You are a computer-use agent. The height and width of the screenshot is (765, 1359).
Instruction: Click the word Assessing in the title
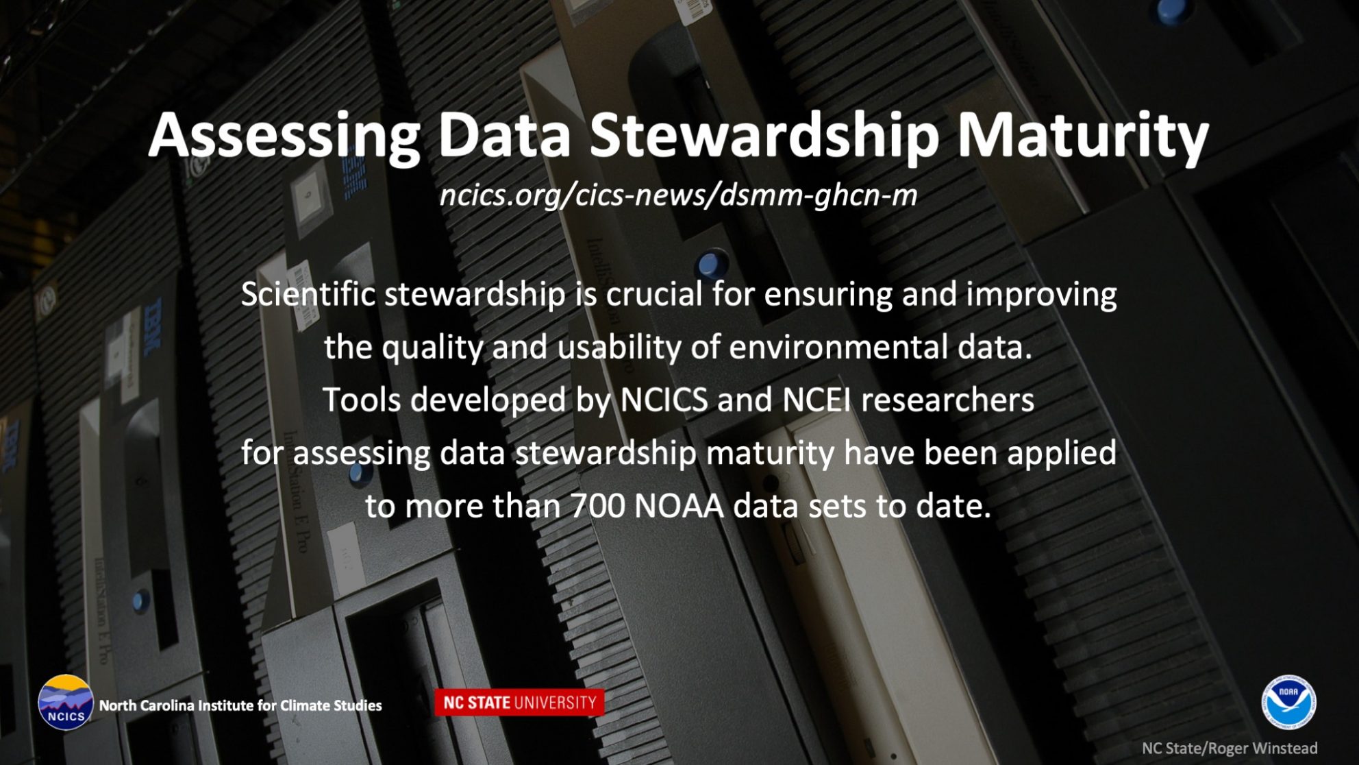pos(284,135)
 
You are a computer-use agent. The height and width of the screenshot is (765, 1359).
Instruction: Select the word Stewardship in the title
pos(764,135)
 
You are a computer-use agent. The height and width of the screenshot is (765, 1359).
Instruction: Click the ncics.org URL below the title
pos(678,195)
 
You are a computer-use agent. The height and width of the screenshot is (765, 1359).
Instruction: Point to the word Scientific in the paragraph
pos(308,295)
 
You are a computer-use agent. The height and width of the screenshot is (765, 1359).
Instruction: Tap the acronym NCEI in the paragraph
pos(816,400)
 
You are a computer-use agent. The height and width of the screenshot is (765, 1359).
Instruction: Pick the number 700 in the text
pos(597,507)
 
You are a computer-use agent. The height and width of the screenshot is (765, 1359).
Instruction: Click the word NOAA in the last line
pos(679,507)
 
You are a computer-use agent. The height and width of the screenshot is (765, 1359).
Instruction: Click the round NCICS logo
pos(65,703)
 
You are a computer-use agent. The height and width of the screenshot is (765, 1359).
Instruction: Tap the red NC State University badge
pos(519,703)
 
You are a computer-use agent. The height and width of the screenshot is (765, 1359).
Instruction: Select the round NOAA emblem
pos(1288,702)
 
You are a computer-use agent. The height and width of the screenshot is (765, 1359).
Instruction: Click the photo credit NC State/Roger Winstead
pos(1230,749)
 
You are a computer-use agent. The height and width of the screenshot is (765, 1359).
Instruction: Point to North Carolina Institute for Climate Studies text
pos(240,705)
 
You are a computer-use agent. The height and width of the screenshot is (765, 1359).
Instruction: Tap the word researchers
pos(947,400)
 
